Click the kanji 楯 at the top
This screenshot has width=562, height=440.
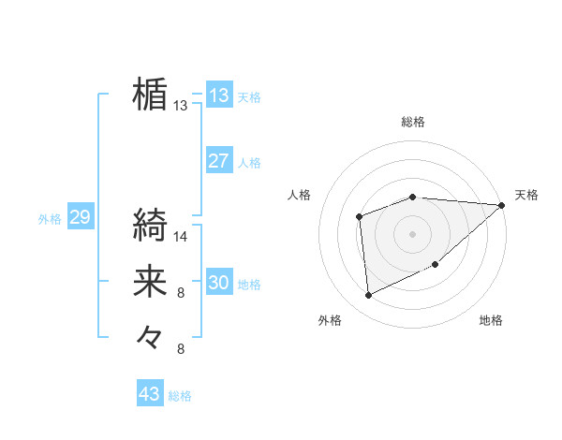pyautogui.click(x=150, y=94)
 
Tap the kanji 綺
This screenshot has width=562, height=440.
pyautogui.click(x=150, y=225)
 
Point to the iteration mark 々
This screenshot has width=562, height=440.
pyautogui.click(x=150, y=335)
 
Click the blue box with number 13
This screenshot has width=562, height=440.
pyautogui.click(x=219, y=95)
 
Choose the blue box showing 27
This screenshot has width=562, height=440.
pyautogui.click(x=219, y=160)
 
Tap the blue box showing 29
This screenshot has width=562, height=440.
pyautogui.click(x=80, y=217)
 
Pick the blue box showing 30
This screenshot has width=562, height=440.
pyautogui.click(x=219, y=282)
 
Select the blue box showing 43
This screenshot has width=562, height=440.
pyautogui.click(x=150, y=394)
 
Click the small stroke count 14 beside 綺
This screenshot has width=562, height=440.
pyautogui.click(x=181, y=237)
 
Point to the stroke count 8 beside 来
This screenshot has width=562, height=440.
pyautogui.click(x=181, y=293)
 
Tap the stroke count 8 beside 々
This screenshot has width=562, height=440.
pyautogui.click(x=181, y=349)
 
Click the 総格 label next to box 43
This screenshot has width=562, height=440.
pyautogui.click(x=180, y=396)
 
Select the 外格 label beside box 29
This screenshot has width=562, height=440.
pyautogui.click(x=50, y=219)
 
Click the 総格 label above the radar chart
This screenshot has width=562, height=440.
pyautogui.click(x=413, y=122)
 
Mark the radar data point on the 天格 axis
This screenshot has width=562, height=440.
pyautogui.click(x=502, y=206)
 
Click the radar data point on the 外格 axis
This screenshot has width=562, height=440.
pyautogui.click(x=369, y=295)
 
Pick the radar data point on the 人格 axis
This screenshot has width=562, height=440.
pyautogui.click(x=359, y=217)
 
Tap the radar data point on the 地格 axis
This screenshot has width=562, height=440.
pyautogui.click(x=436, y=266)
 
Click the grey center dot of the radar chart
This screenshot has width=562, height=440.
pyautogui.click(x=412, y=232)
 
